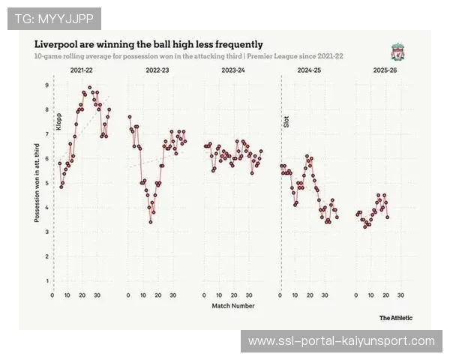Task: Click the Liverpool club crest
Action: (x=397, y=52)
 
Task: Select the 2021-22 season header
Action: (x=82, y=70)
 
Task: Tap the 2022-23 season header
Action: (x=157, y=70)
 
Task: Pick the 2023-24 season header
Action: (x=233, y=70)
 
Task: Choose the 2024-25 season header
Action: (x=309, y=70)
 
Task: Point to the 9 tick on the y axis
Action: (x=46, y=85)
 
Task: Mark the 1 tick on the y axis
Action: (x=46, y=281)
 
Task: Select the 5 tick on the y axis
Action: (x=46, y=184)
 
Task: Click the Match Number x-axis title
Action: (x=232, y=305)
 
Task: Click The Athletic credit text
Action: (x=395, y=317)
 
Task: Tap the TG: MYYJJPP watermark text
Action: (x=54, y=18)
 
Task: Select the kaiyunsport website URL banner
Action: (x=341, y=341)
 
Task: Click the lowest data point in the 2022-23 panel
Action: (x=151, y=222)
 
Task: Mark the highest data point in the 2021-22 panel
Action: (x=90, y=88)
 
